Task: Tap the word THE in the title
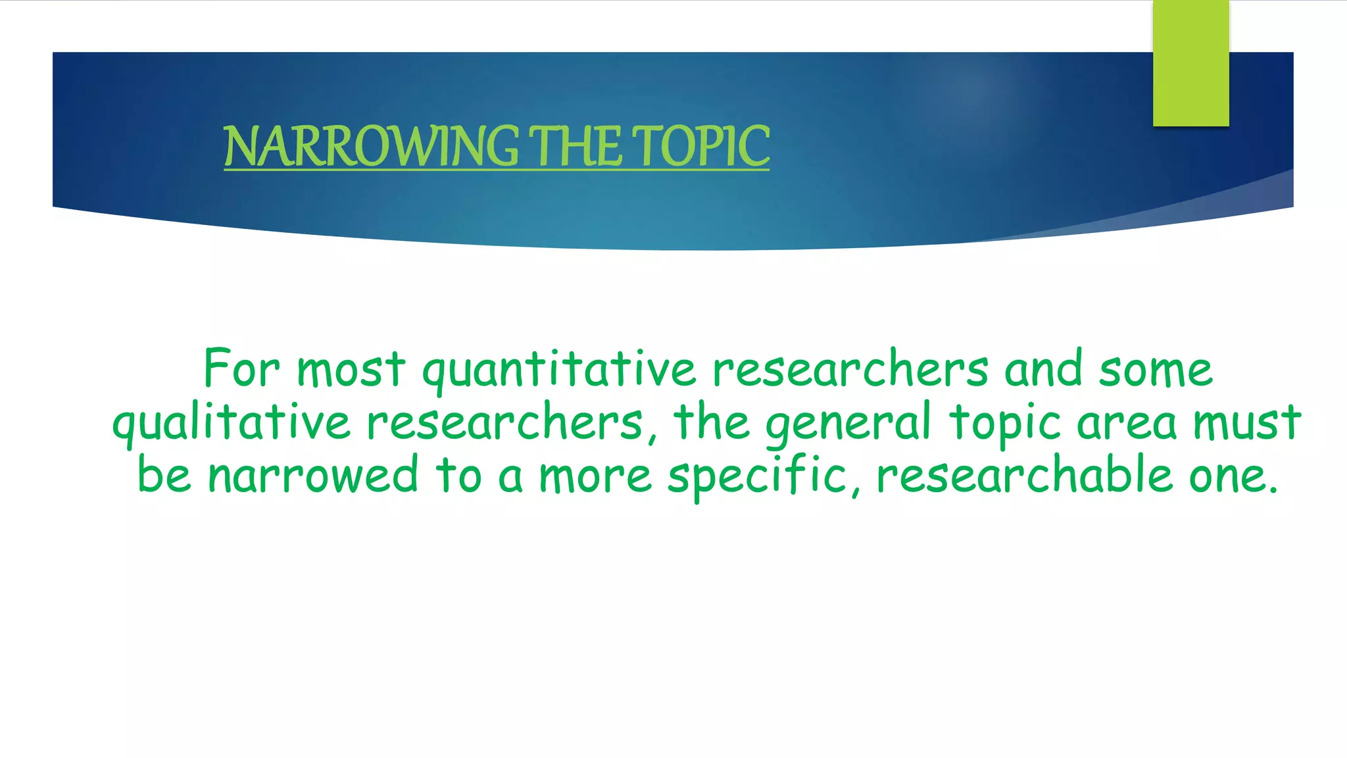point(576,146)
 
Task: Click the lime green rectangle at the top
point(1190,63)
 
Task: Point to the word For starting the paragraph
point(241,368)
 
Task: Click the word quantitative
point(558,370)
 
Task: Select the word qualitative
point(232,423)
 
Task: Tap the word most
point(351,370)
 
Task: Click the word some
point(1155,370)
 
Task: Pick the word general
point(848,423)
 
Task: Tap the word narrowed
point(313,475)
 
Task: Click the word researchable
point(1024,475)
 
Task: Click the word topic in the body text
point(1005,423)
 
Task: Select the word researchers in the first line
point(850,370)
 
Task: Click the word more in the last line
point(595,476)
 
